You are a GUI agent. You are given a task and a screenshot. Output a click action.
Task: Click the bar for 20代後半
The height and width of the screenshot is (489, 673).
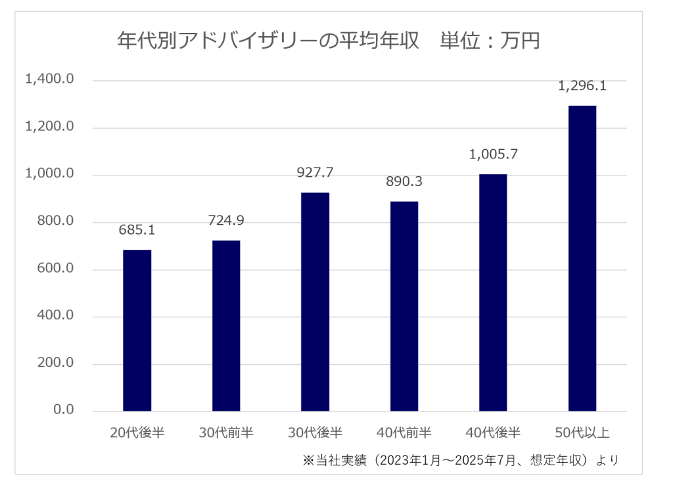coord(137,331)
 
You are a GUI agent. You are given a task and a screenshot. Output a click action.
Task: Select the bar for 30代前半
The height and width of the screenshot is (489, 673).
coord(226,326)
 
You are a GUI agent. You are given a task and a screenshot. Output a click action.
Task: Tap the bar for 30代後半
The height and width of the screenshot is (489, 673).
coord(315,302)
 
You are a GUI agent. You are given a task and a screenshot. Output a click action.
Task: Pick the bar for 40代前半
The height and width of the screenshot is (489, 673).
coord(404,306)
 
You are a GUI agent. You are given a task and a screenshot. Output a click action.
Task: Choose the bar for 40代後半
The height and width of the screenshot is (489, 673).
coord(493,292)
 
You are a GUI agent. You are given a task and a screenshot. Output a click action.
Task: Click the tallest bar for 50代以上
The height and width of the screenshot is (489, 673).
coord(582,258)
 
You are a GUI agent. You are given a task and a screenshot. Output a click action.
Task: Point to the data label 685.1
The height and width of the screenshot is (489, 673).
coord(137,231)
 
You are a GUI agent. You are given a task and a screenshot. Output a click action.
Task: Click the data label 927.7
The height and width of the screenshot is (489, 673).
coord(315,174)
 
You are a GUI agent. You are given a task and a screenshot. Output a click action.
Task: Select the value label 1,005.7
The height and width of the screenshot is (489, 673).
coord(493,155)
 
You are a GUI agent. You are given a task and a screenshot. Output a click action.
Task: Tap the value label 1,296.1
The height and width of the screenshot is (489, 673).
coord(582,86)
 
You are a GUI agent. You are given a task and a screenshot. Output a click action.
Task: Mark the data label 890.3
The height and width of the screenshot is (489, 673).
coord(404,182)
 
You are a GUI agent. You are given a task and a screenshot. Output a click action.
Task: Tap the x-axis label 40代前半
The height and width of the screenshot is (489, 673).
coord(404,432)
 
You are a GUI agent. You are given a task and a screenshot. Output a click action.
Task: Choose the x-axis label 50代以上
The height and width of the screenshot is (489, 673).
coord(582,432)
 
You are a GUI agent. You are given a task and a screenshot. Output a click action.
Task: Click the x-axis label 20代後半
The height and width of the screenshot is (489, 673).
coord(137,432)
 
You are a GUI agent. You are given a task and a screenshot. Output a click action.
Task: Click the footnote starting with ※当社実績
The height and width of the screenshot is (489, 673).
coord(460,459)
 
